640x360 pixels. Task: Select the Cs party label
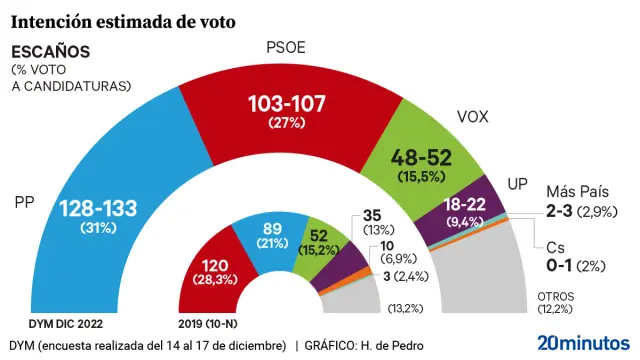click(555, 247)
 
